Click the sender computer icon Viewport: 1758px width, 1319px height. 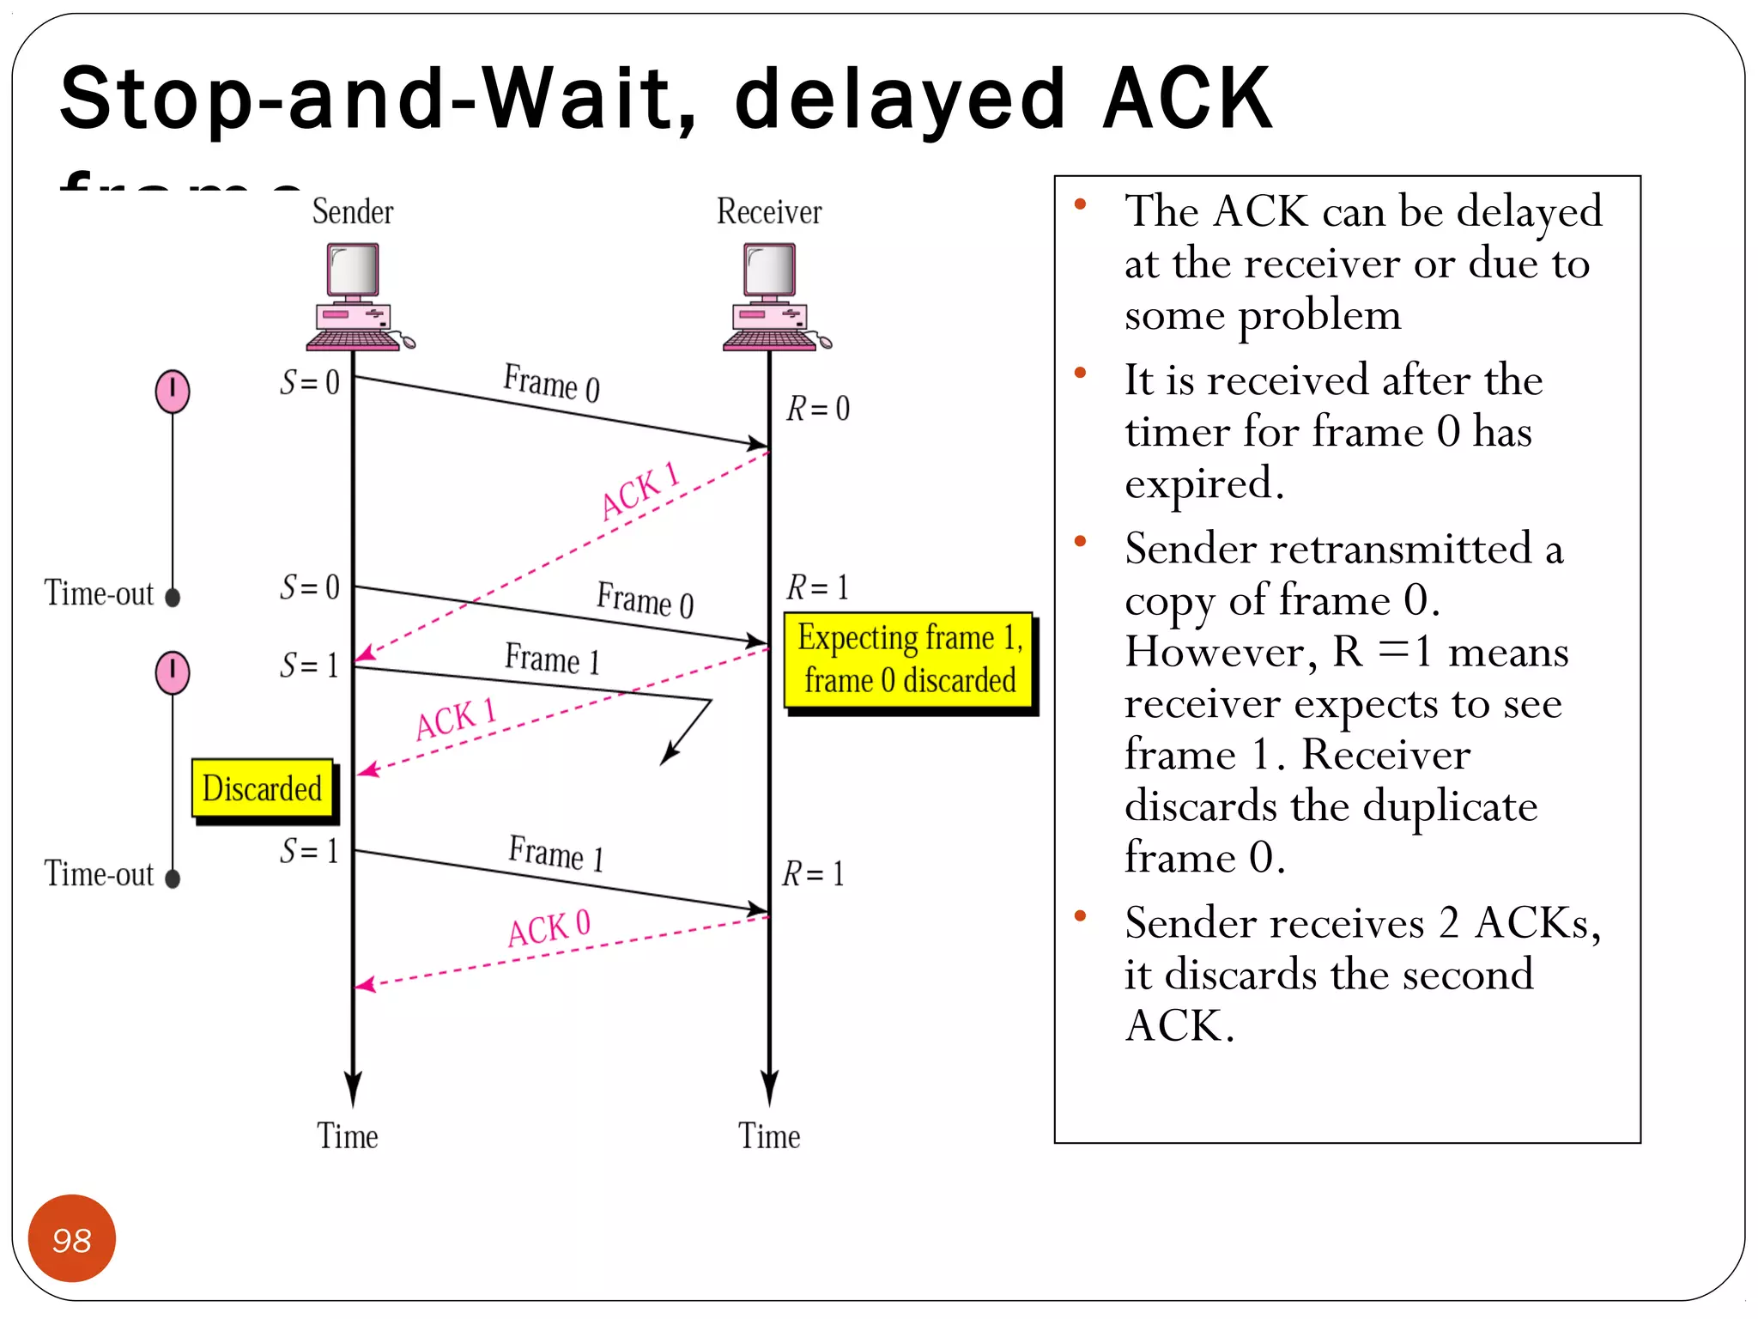tap(355, 296)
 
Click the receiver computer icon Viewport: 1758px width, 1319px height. tap(772, 296)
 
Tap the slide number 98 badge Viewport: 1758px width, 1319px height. tap(72, 1238)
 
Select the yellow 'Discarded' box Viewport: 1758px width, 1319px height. tap(263, 787)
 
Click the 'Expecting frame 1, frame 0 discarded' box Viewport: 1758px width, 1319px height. tap(909, 659)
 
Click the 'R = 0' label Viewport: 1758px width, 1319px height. tap(818, 408)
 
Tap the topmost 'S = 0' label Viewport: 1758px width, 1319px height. tap(310, 381)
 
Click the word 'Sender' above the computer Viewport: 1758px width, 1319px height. tap(353, 211)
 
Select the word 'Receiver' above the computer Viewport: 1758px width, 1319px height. tap(769, 211)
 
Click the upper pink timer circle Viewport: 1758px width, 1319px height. tap(173, 391)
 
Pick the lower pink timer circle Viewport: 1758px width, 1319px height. tap(173, 672)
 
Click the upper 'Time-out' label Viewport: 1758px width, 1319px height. tap(99, 593)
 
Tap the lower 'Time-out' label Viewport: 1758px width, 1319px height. tap(99, 874)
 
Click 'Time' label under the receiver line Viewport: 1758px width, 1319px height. tap(769, 1136)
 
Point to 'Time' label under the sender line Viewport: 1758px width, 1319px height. tap(348, 1136)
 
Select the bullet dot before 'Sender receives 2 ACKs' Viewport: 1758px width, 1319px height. tap(1081, 916)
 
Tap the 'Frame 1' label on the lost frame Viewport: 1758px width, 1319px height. tap(552, 659)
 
